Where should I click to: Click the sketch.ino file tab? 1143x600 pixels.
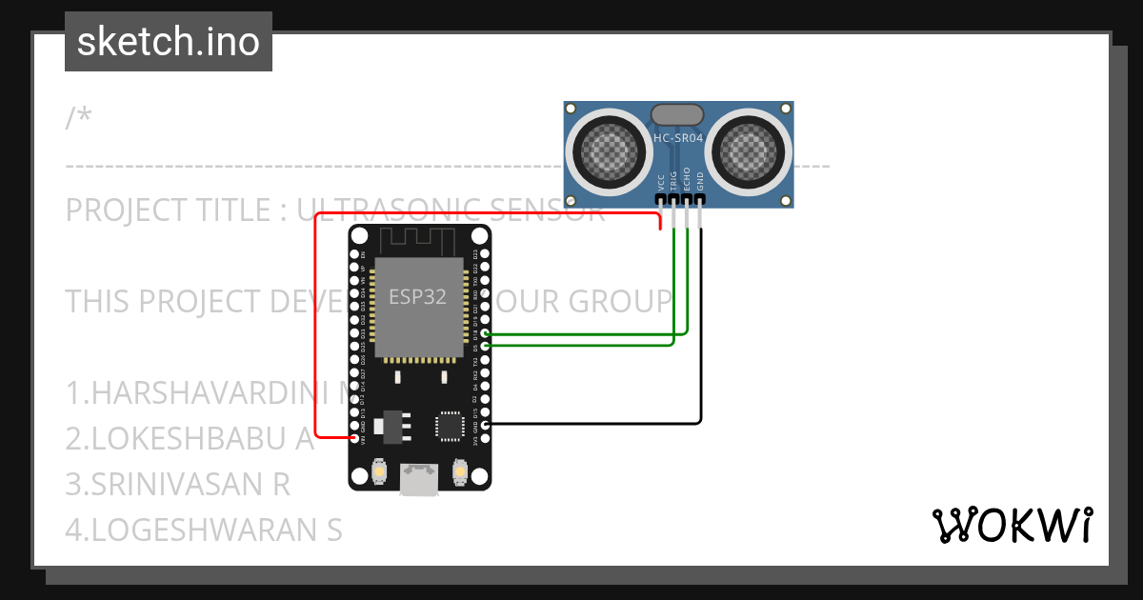pyautogui.click(x=169, y=42)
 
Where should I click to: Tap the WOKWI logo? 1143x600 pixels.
pyautogui.click(x=1012, y=525)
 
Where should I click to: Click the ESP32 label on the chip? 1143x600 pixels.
pyautogui.click(x=417, y=296)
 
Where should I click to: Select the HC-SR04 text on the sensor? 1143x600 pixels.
pyautogui.click(x=678, y=138)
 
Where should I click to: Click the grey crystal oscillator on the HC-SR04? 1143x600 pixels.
pyautogui.click(x=678, y=114)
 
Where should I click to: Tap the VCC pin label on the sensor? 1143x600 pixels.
pyautogui.click(x=661, y=182)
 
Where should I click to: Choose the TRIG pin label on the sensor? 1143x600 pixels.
pyautogui.click(x=673, y=181)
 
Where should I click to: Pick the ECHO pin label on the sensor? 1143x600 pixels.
pyautogui.click(x=687, y=181)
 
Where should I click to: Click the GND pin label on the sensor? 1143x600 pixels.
pyautogui.click(x=699, y=182)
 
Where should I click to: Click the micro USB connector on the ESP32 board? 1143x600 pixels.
pyautogui.click(x=420, y=479)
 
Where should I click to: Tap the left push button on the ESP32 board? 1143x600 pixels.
pyautogui.click(x=380, y=471)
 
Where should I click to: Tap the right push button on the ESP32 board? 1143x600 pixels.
pyautogui.click(x=460, y=471)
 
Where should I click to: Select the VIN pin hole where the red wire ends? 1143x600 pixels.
pyautogui.click(x=354, y=438)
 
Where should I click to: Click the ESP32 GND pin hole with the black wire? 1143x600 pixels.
pyautogui.click(x=487, y=423)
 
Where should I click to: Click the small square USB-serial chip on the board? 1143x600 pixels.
pyautogui.click(x=449, y=425)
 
